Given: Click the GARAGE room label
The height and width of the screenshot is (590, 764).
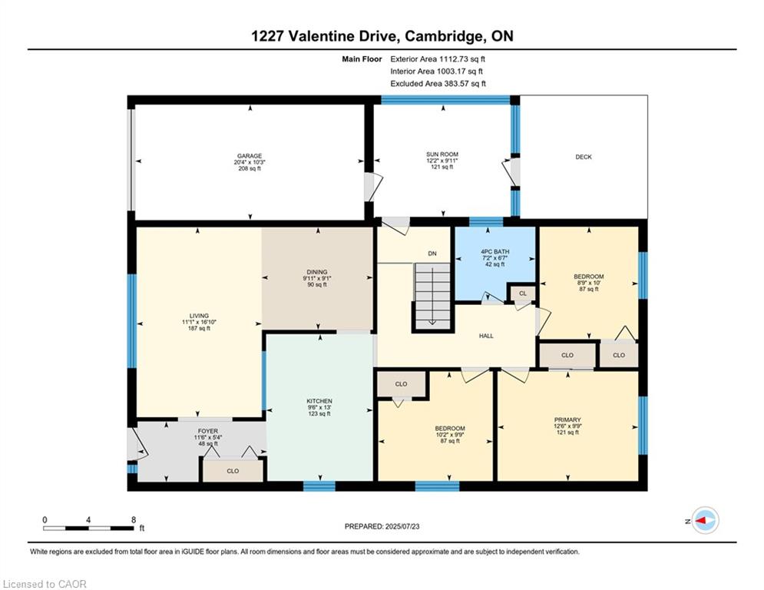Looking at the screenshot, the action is point(250,156).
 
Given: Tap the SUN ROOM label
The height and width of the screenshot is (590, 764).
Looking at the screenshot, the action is point(442,154).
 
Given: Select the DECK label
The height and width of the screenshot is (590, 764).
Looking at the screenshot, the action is point(584,157).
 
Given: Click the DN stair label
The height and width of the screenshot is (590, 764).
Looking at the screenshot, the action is point(432,254).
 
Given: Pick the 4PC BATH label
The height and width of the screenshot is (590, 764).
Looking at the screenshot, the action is point(495,252).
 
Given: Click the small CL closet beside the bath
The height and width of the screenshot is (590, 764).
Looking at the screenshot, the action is point(523,293).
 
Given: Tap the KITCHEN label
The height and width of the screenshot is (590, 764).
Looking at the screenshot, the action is point(319,401).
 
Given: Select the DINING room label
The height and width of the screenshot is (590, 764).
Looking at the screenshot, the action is point(316,272).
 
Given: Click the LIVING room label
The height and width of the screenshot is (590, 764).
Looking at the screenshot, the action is point(199,316).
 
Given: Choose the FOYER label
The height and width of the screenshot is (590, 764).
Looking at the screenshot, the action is point(208,431).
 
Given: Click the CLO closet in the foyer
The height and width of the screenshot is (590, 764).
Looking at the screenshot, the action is point(233,470).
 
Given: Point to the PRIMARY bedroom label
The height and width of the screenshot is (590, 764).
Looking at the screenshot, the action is point(567,419).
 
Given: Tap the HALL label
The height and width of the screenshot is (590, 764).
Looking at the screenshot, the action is point(486,336).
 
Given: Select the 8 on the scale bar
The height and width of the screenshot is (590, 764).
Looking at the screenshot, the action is point(134,520).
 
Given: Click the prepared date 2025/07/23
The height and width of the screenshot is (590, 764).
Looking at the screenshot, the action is point(402,526).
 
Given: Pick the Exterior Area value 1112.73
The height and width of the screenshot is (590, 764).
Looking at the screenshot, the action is point(454,59).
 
